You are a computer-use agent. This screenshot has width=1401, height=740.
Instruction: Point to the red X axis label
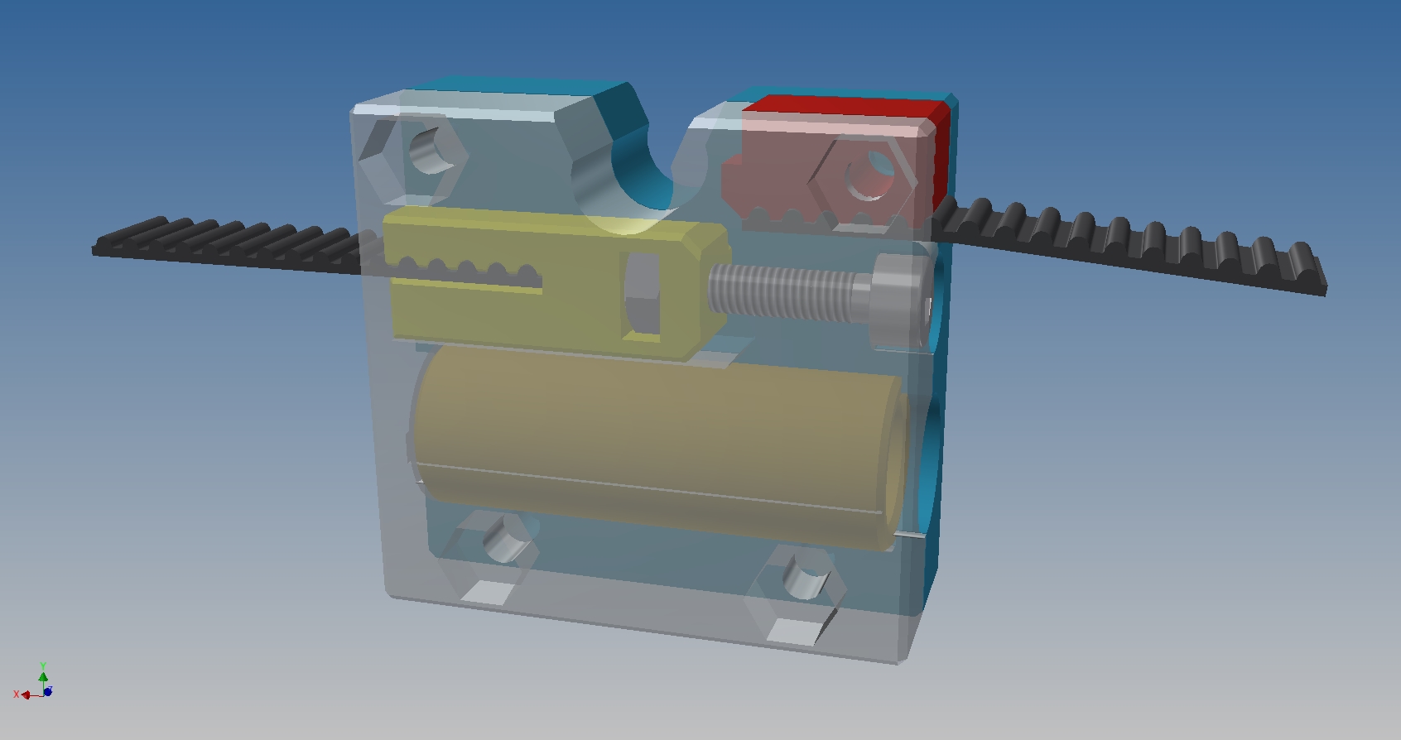pyautogui.click(x=17, y=694)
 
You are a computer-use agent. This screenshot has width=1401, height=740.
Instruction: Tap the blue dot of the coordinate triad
pyautogui.click(x=48, y=691)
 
